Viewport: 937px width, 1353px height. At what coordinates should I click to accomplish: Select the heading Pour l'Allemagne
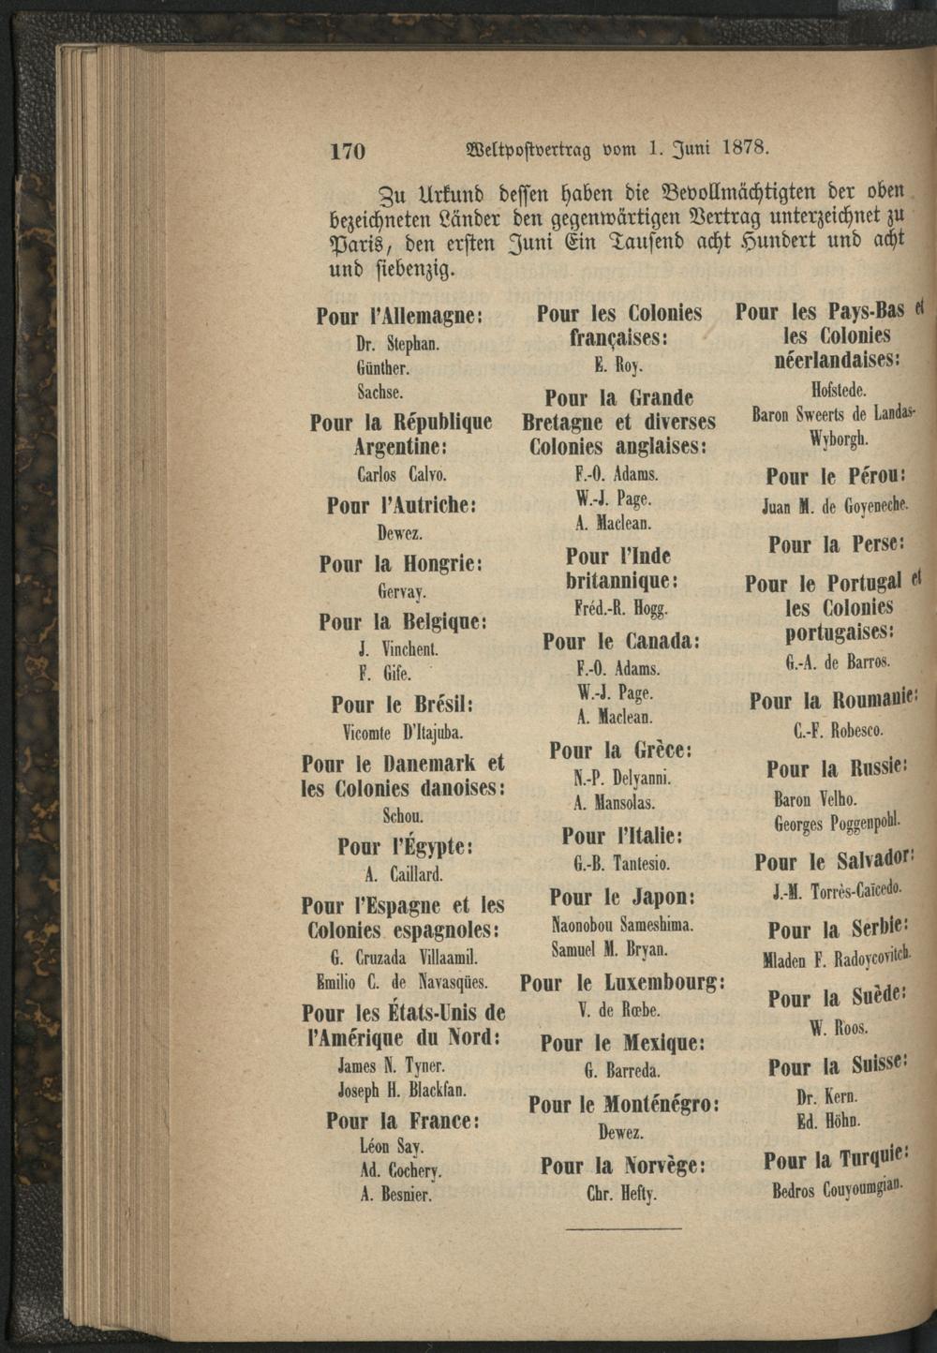[x=398, y=317]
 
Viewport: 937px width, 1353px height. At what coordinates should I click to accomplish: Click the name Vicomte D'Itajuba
[x=403, y=731]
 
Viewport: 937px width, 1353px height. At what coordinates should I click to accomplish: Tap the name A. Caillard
[x=404, y=874]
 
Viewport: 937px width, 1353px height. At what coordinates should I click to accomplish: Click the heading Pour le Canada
[x=622, y=642]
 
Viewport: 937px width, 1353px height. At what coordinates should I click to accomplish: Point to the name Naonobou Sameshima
[x=622, y=925]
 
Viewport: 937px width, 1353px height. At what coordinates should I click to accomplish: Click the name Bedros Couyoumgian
[x=838, y=1190]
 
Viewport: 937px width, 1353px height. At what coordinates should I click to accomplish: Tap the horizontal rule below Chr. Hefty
[x=624, y=1227]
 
